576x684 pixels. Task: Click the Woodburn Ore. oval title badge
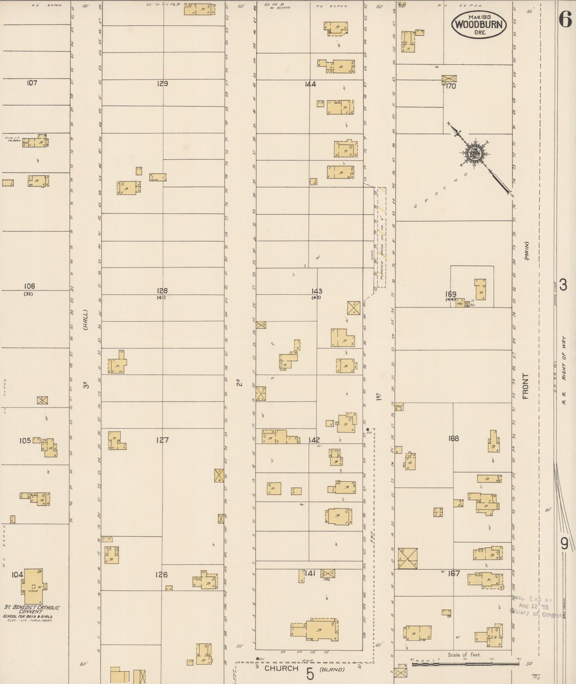tap(479, 25)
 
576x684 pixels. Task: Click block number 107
tap(31, 83)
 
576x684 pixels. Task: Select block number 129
tap(162, 84)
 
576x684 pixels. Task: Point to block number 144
tap(310, 84)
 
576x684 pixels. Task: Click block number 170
tap(451, 86)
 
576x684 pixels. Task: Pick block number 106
tap(29, 286)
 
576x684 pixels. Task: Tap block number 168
tap(453, 439)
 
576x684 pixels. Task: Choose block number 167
tap(454, 573)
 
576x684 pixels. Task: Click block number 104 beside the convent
tap(17, 575)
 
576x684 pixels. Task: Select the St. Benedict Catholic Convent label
tap(31, 610)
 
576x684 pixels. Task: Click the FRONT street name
tap(525, 386)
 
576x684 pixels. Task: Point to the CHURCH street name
tap(281, 668)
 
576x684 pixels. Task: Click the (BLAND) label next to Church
tap(333, 669)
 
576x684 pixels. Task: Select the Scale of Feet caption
tap(464, 655)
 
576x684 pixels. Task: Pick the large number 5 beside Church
tap(310, 674)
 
